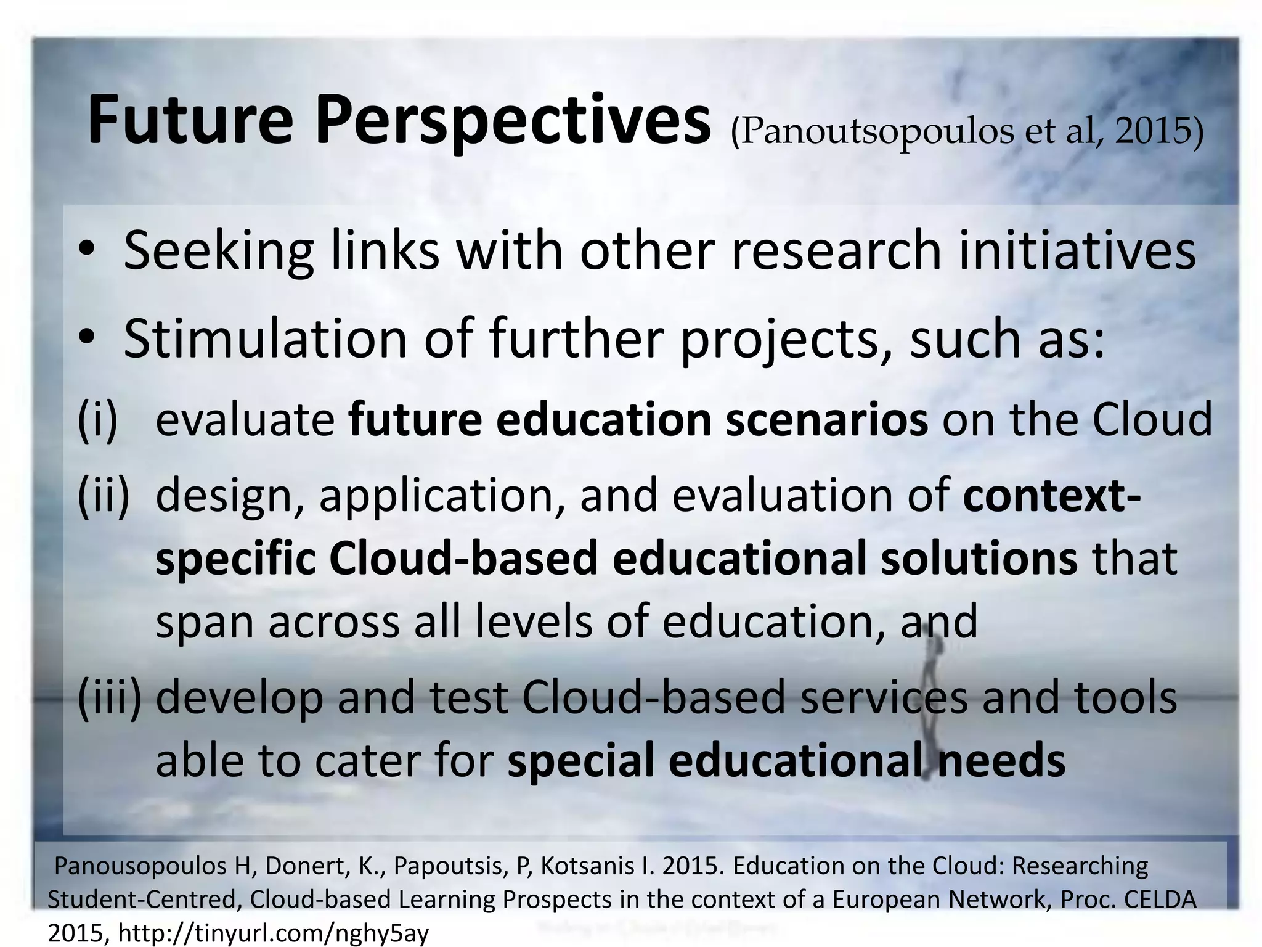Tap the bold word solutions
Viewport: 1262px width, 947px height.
pyautogui.click(x=979, y=559)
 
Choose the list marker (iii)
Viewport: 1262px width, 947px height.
pyautogui.click(x=110, y=698)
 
